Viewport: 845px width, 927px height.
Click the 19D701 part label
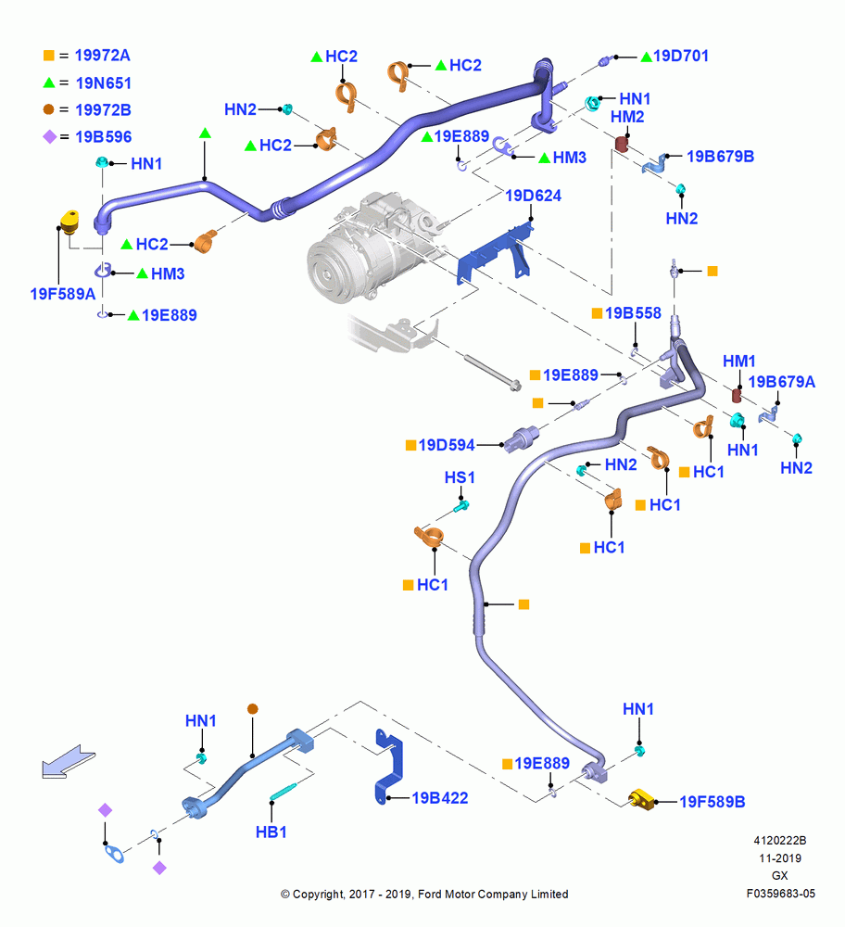(680, 57)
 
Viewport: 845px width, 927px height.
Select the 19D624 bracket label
(533, 196)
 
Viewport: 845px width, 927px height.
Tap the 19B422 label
(439, 798)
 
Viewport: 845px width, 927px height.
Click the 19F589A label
(63, 294)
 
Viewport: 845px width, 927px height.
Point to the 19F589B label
(713, 802)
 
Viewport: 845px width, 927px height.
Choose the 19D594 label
(447, 445)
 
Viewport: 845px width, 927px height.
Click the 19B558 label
(633, 312)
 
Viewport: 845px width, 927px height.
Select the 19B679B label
(720, 157)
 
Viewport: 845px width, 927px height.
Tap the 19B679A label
(782, 382)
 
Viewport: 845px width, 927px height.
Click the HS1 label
(460, 477)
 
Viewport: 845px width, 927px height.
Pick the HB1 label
(271, 832)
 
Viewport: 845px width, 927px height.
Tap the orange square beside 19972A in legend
(49, 56)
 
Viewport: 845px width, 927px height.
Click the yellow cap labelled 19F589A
(69, 222)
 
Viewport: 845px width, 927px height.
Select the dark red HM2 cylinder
(621, 145)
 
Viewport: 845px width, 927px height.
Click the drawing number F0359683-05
(780, 894)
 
